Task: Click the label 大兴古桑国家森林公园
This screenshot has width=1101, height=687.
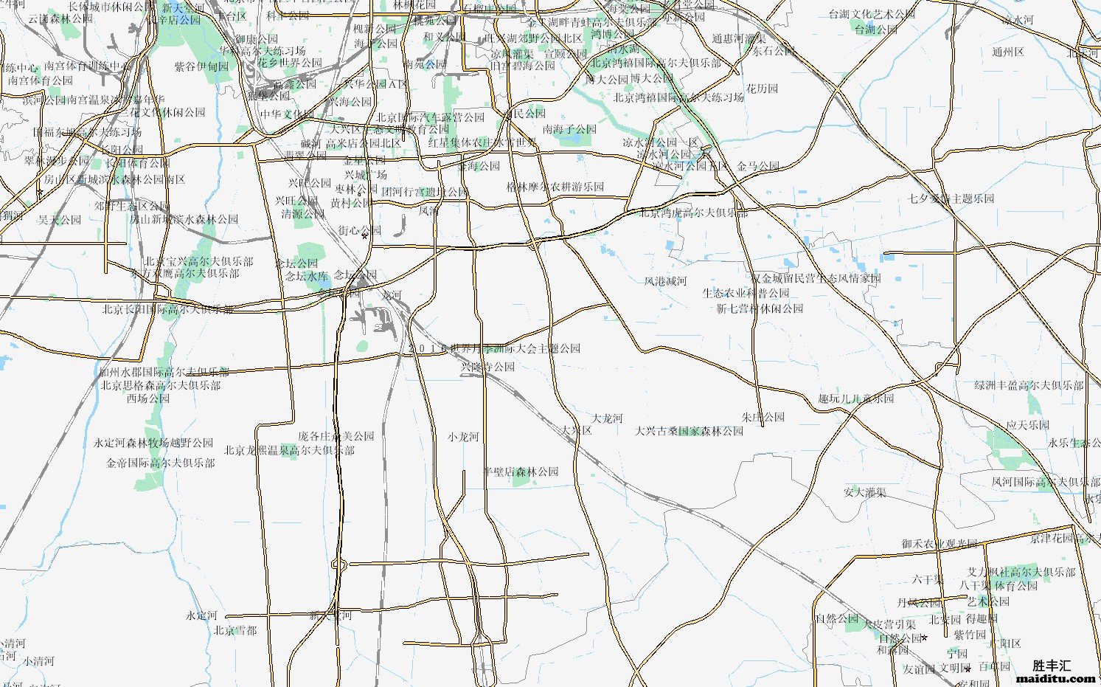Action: tap(690, 431)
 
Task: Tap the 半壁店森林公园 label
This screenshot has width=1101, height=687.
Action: tap(521, 472)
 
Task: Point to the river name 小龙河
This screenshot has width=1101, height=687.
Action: tap(463, 437)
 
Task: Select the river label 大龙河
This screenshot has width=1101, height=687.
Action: tap(608, 418)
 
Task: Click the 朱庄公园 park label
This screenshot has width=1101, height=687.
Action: tap(763, 417)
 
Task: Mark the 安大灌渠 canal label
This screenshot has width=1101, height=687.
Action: tap(865, 492)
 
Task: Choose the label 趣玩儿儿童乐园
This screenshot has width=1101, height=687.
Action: tap(855, 398)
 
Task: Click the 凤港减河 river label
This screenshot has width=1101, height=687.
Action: tap(665, 281)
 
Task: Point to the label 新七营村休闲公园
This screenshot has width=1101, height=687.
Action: tap(760, 308)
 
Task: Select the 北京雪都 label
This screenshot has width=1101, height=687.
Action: tap(235, 630)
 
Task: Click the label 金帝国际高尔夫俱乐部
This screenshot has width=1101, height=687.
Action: tap(161, 463)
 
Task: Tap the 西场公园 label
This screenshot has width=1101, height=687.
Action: tap(148, 398)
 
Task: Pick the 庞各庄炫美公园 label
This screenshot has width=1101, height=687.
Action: tap(336, 436)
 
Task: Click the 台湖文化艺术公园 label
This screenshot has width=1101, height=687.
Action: tap(872, 14)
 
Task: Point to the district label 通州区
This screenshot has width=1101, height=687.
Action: tap(1008, 52)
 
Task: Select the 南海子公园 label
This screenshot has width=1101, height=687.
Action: tap(569, 129)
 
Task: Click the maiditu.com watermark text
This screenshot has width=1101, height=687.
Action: tap(1056, 678)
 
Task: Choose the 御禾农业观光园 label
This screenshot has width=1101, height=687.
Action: tap(939, 544)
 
